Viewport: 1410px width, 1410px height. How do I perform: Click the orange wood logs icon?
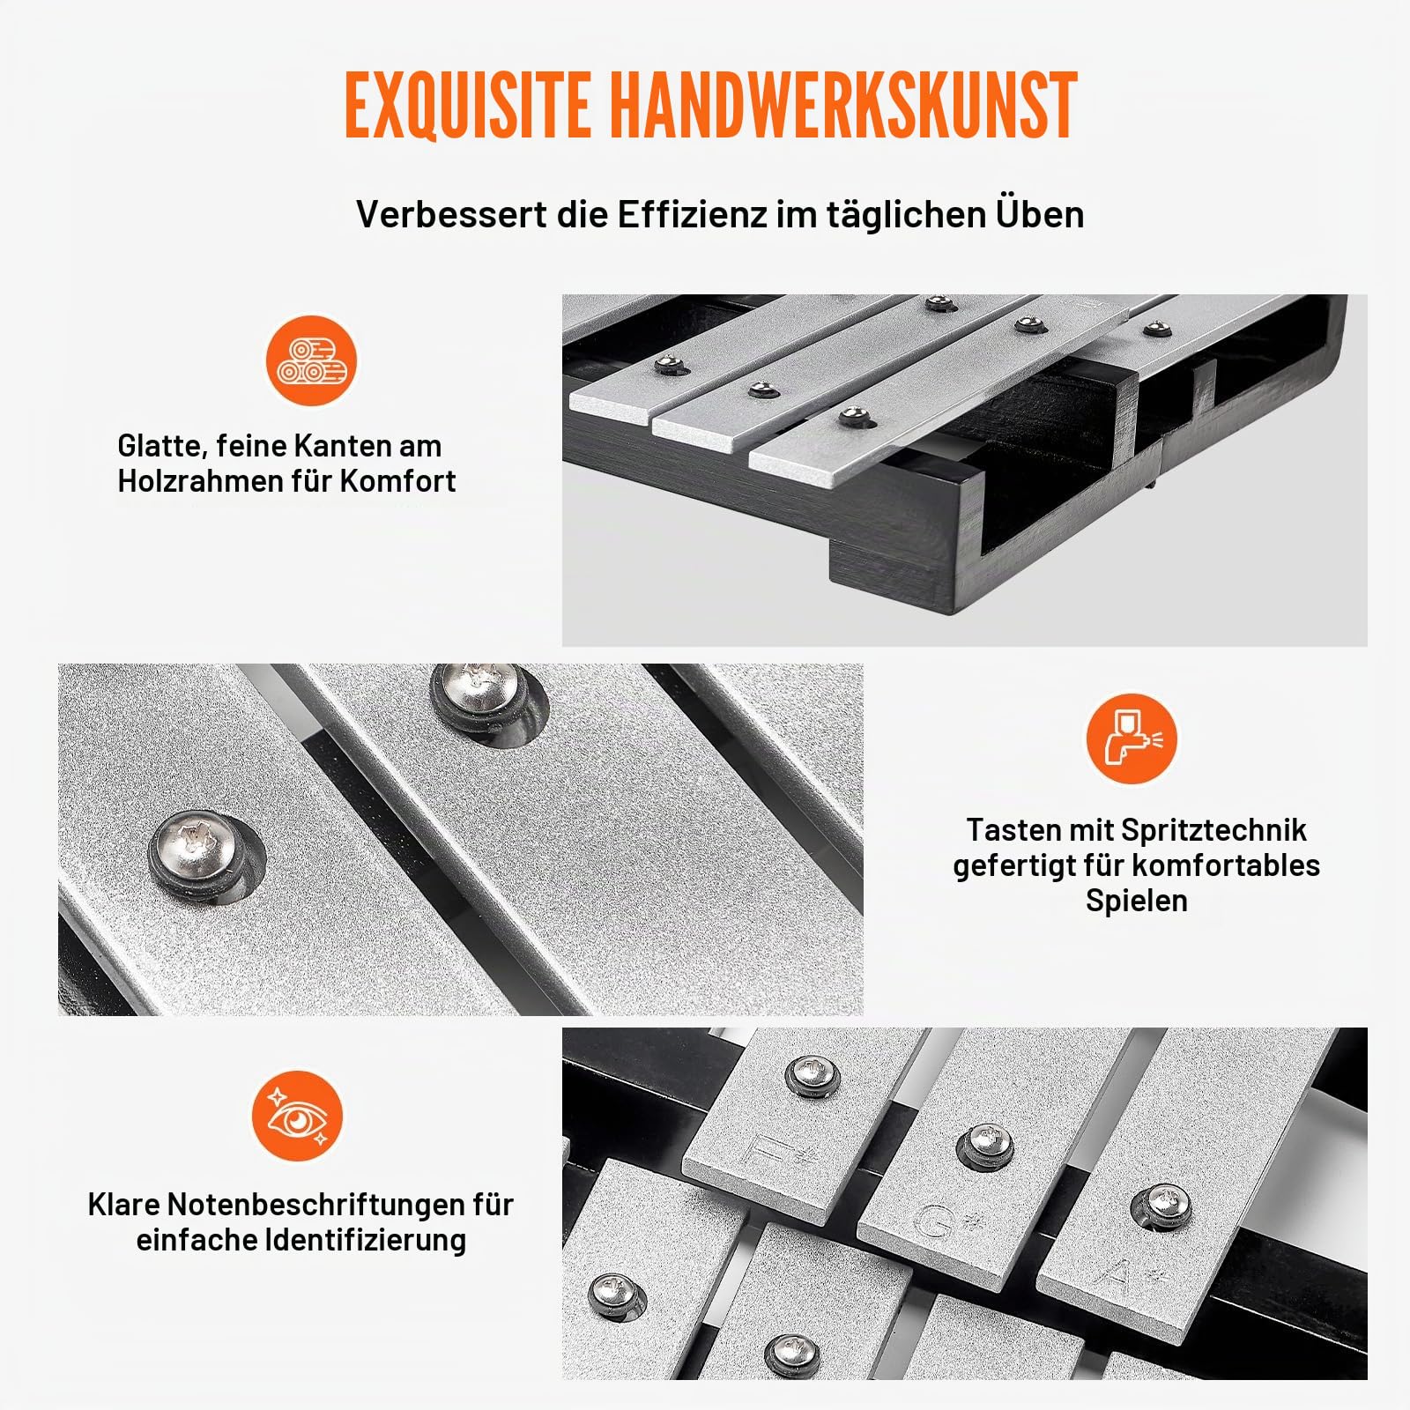tap(311, 361)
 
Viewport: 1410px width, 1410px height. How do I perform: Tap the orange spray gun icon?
tap(1132, 738)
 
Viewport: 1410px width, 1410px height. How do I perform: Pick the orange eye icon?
tap(298, 1116)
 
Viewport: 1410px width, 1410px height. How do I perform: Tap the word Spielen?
tap(1137, 901)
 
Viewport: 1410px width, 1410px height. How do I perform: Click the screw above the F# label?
tap(813, 1075)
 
